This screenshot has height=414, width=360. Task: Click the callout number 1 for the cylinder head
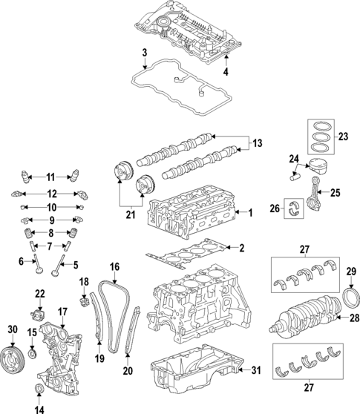(251, 214)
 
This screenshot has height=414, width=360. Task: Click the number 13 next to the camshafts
(258, 143)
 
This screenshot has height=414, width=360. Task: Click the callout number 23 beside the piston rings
(342, 136)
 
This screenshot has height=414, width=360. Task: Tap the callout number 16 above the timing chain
(115, 266)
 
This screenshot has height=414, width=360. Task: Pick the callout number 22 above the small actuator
(39, 295)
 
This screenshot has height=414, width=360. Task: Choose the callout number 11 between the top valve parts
(50, 177)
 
